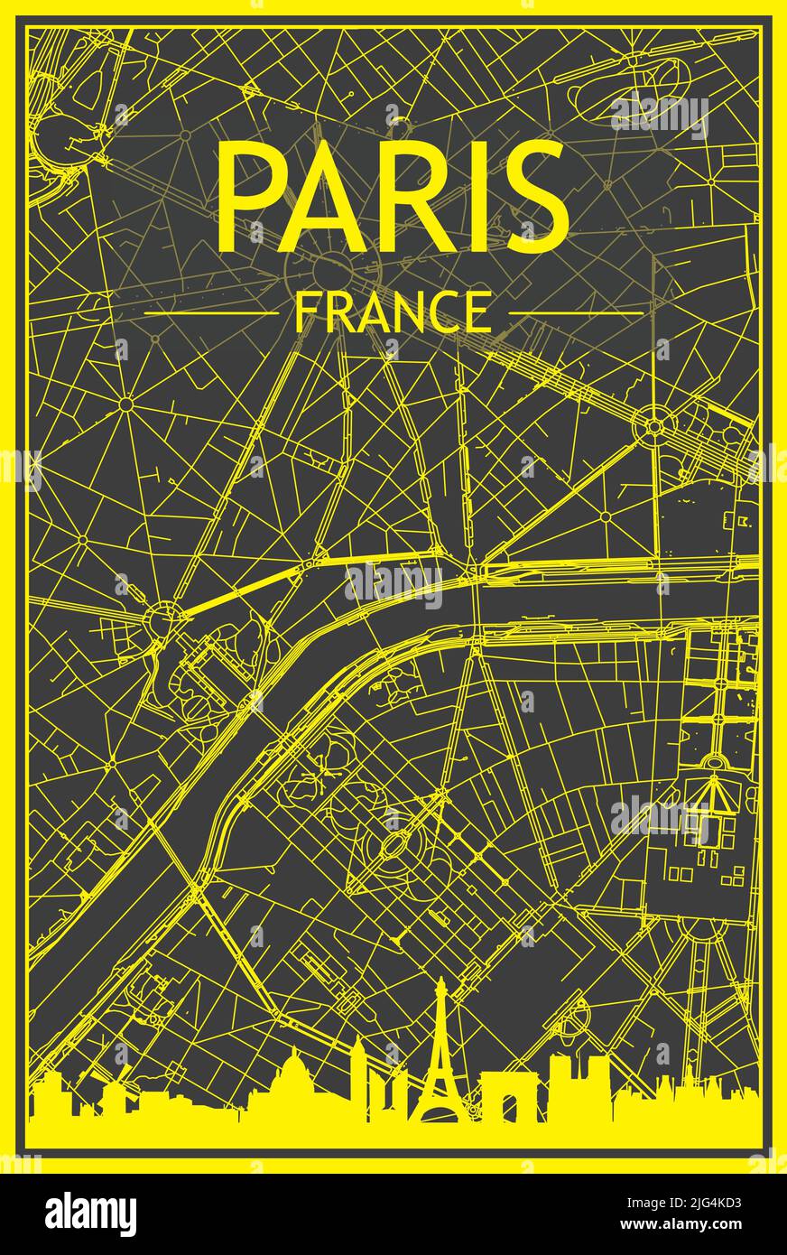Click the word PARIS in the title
[393, 197]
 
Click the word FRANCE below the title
[393, 312]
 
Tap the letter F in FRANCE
[306, 312]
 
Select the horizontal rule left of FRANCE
[211, 313]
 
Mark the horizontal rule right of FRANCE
[576, 313]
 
